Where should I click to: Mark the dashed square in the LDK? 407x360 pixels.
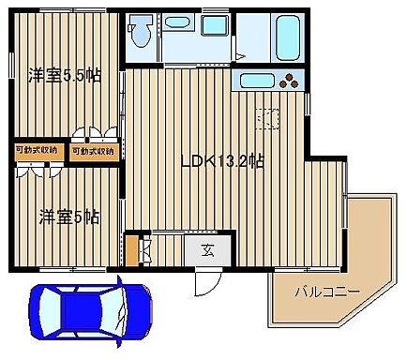click(x=269, y=119)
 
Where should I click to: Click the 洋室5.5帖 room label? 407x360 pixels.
click(x=64, y=74)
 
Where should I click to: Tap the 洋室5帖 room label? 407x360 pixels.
click(x=68, y=217)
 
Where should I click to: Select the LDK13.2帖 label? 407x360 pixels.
click(x=221, y=160)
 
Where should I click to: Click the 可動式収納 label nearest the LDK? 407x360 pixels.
click(x=94, y=150)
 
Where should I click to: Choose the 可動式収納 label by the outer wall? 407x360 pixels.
click(x=37, y=150)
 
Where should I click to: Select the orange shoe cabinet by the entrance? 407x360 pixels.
click(x=131, y=248)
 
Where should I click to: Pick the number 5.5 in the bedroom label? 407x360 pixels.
click(x=82, y=74)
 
